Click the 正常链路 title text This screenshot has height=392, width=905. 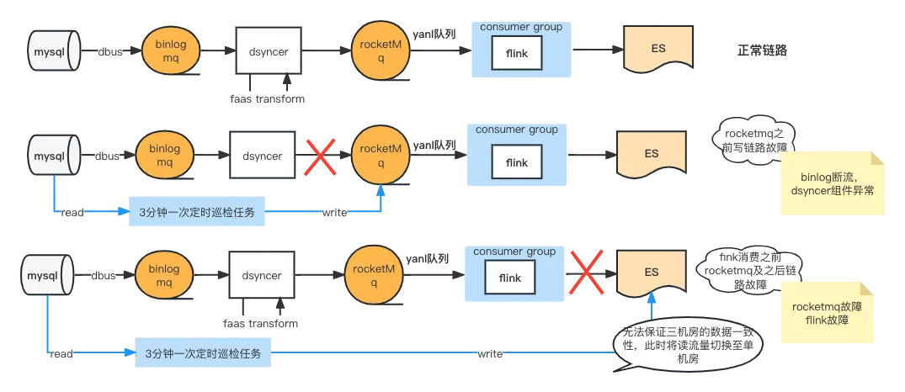(762, 50)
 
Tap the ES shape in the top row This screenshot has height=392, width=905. (659, 50)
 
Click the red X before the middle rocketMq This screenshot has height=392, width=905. (321, 156)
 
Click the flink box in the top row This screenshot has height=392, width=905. (517, 54)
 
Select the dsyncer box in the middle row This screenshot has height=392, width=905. (263, 156)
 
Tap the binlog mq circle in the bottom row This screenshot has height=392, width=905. (164, 276)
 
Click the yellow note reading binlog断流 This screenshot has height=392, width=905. (833, 183)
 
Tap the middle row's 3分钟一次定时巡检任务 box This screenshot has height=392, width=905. (196, 213)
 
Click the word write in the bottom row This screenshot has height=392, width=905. (489, 353)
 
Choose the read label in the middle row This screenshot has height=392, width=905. (72, 213)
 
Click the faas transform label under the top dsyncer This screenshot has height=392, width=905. (267, 98)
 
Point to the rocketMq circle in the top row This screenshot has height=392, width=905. (381, 50)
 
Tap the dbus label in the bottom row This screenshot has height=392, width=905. (103, 275)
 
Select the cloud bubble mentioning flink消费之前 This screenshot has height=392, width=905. (749, 271)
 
